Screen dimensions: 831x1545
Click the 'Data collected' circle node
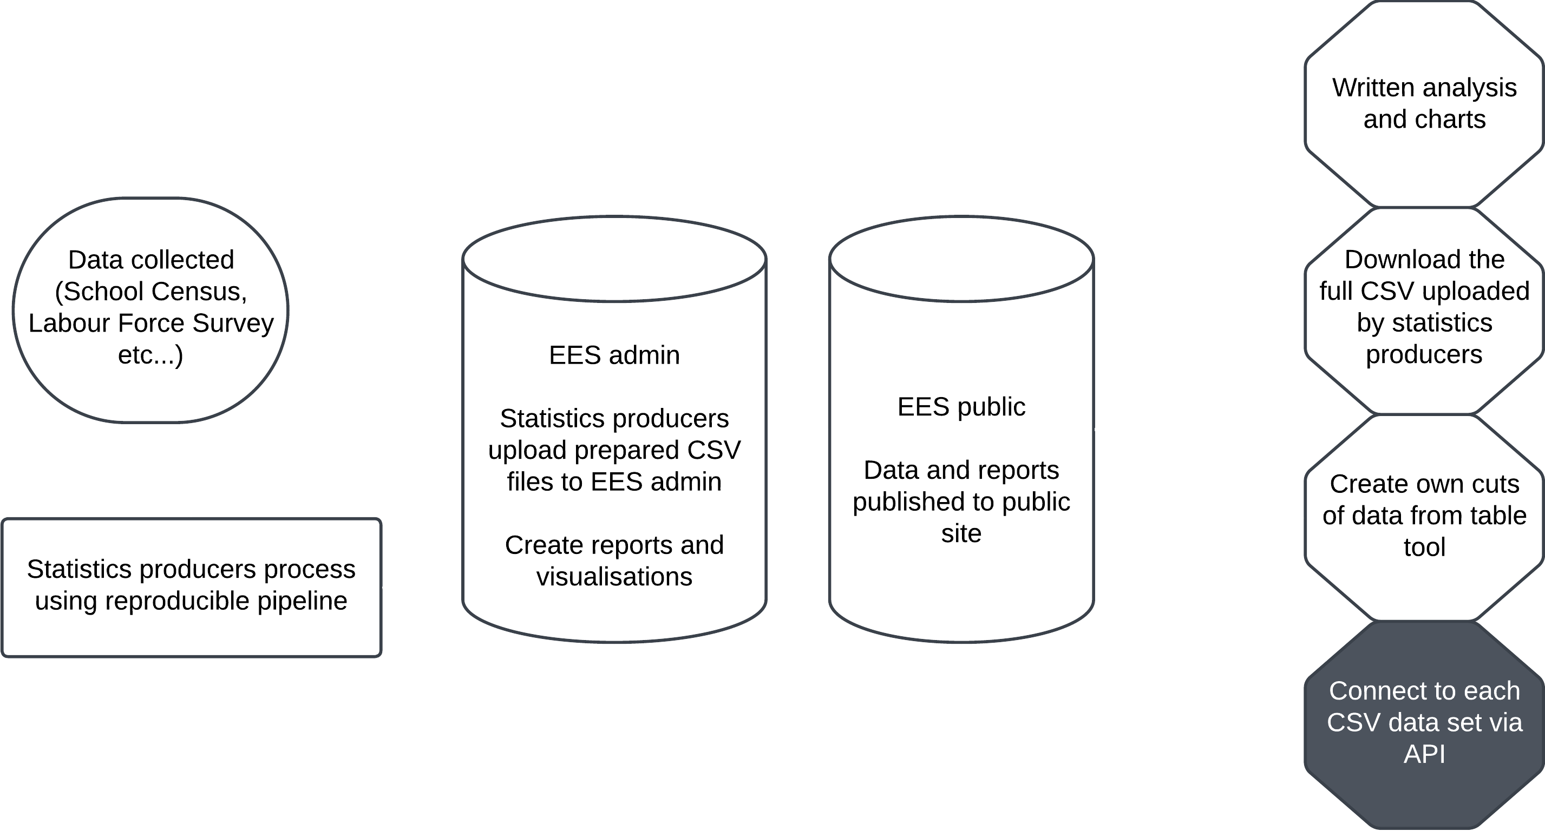(x=150, y=309)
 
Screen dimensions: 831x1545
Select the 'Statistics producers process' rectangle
(x=191, y=587)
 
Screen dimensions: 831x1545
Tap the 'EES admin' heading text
(x=614, y=355)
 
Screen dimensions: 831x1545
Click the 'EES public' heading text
(x=961, y=406)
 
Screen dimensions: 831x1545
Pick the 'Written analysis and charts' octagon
(x=1424, y=104)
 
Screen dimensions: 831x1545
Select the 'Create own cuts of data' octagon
(x=1424, y=516)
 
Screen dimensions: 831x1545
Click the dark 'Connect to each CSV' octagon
(x=1424, y=722)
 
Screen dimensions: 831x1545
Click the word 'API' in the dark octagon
(x=1424, y=754)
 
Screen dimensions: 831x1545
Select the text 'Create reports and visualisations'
(x=614, y=560)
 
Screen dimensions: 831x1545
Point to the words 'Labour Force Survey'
(x=150, y=323)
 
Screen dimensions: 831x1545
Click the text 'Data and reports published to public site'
(x=961, y=501)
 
